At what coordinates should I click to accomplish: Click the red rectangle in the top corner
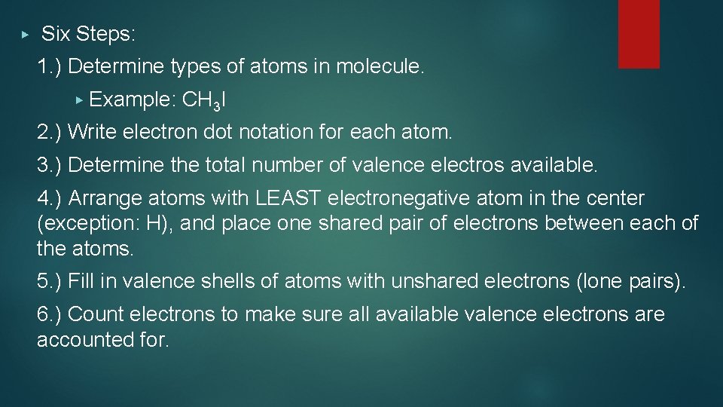(639, 34)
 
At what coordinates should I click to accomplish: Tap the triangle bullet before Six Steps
(25, 35)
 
